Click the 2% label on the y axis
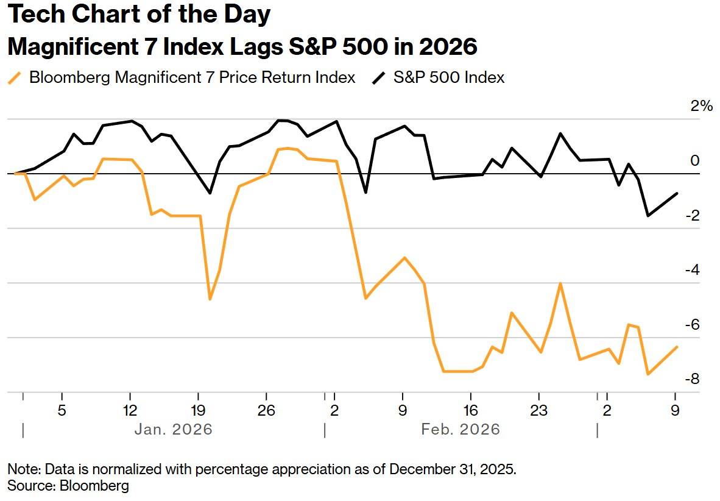[x=702, y=106]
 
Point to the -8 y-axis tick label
[x=692, y=378]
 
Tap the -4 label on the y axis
[x=692, y=270]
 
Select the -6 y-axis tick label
[x=692, y=324]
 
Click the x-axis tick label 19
[x=198, y=410]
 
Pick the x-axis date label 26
[x=266, y=410]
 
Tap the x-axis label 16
[x=471, y=410]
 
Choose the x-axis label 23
[x=538, y=410]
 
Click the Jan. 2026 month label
[x=174, y=429]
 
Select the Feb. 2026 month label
[x=461, y=429]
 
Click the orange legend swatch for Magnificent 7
[x=15, y=77]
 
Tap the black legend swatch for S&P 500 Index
[x=379, y=77]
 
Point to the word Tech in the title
[x=36, y=14]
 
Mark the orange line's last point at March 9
[x=677, y=347]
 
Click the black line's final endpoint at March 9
[x=677, y=193]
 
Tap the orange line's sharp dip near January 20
[x=210, y=299]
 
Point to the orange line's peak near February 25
[x=560, y=283]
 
